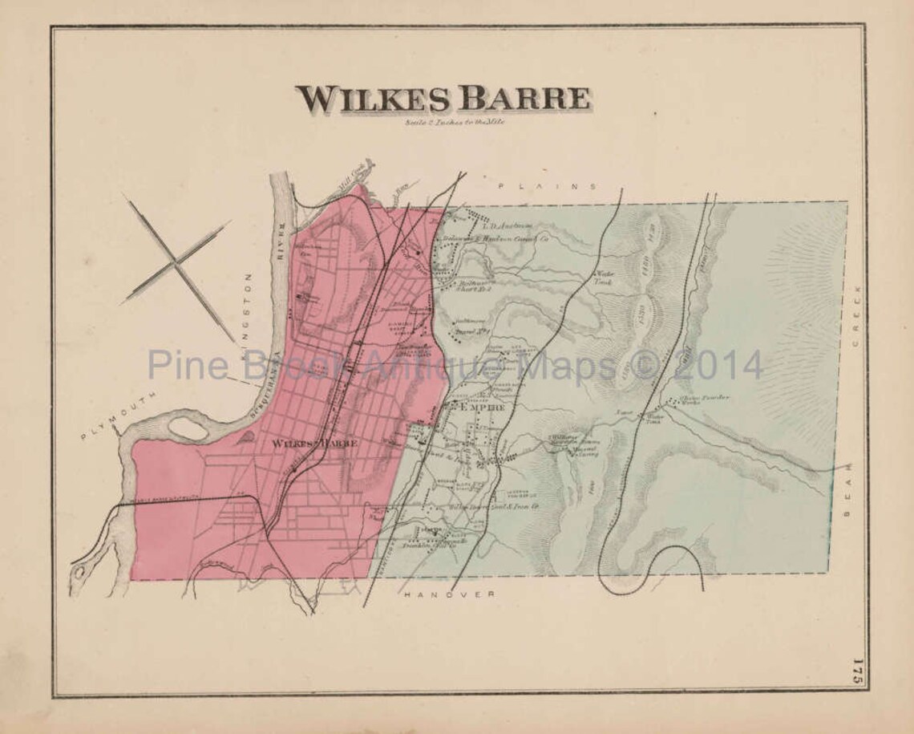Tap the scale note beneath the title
(449, 121)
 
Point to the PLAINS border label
(548, 186)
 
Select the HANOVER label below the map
(449, 594)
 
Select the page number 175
(857, 670)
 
